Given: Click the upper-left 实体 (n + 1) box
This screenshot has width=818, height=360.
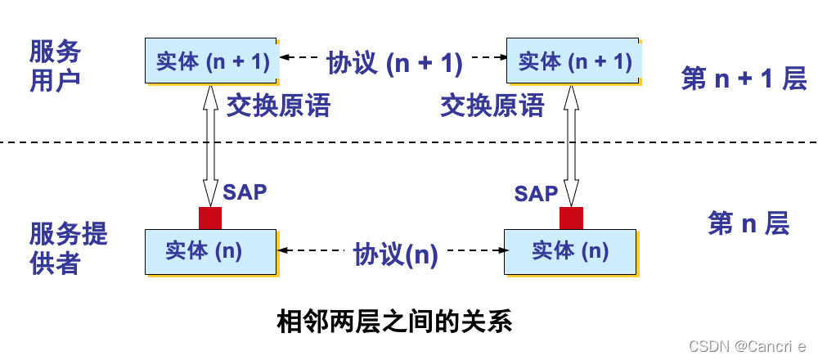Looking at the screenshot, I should point(211,61).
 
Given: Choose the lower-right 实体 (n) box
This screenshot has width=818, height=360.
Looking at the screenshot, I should point(570,251).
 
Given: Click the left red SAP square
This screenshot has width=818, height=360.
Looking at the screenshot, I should point(210,218).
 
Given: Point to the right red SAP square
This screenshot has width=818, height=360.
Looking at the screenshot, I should point(571,218).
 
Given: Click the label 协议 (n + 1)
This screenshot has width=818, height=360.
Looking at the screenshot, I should point(394,61).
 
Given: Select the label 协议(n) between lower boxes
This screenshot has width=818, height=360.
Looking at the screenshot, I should point(396,254).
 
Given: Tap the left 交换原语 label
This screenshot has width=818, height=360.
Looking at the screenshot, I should point(277,105).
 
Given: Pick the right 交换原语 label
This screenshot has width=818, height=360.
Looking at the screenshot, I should point(492,105).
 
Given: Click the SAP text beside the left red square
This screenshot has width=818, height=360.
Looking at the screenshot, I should point(245,192).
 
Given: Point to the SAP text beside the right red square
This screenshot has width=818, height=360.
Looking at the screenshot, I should point(536,193).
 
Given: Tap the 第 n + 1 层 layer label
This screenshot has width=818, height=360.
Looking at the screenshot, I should point(744,79).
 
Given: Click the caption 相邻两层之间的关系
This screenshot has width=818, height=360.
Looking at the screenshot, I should point(395,321).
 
